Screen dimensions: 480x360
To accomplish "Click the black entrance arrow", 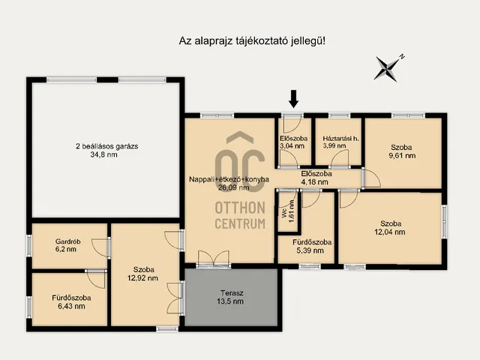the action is (x=293, y=99).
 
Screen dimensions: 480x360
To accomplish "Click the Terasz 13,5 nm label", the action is (x=230, y=297).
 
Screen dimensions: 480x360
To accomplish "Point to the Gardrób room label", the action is (x=68, y=241).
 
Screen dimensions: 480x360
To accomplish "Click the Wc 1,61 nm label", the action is (x=288, y=211).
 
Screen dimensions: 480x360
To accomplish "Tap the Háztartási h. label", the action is (x=340, y=139).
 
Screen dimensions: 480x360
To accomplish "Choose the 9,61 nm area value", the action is (x=402, y=155).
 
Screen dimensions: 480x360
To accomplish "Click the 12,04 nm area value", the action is (x=390, y=232).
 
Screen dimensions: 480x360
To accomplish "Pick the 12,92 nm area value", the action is (x=142, y=278).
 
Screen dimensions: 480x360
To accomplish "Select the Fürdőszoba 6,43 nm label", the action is (x=71, y=301).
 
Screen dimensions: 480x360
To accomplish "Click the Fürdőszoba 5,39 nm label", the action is (x=312, y=247).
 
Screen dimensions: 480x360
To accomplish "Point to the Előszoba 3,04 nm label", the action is (x=293, y=142).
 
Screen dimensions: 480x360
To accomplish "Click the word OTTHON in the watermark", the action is (x=240, y=208).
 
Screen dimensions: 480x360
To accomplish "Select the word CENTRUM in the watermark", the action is (x=240, y=223).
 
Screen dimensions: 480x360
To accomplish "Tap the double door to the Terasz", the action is (x=214, y=259).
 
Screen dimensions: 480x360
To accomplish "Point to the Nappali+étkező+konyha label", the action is (x=229, y=179).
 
